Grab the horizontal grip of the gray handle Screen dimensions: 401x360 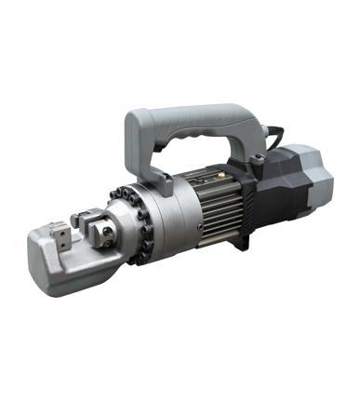(x=195, y=119)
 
